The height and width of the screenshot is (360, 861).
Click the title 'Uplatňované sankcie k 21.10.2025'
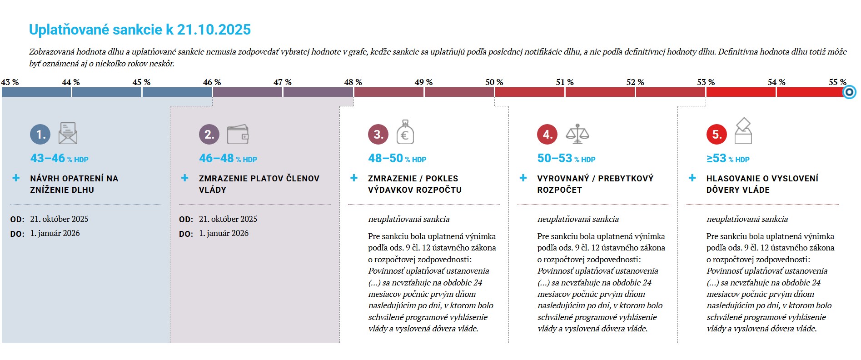click(140, 30)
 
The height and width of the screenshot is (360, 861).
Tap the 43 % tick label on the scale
click(10, 82)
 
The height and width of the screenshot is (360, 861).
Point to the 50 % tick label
click(494, 82)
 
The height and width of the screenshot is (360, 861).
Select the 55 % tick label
click(837, 82)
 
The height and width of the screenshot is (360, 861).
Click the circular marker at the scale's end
click(849, 92)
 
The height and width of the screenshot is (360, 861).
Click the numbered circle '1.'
click(40, 134)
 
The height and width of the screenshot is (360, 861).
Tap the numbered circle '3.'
click(378, 134)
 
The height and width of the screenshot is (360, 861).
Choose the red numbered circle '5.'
click(717, 134)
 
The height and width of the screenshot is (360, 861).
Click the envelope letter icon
click(68, 133)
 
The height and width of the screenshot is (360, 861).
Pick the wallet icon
click(238, 134)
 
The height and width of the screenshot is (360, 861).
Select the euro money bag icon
click(405, 132)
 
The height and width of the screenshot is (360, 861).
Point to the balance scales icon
click(577, 134)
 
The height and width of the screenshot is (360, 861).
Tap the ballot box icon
click(743, 131)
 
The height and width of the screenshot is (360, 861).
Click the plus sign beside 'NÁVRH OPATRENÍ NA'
click(16, 178)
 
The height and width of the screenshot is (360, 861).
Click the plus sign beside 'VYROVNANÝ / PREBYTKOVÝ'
click(523, 178)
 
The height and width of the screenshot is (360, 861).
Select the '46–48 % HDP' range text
click(228, 158)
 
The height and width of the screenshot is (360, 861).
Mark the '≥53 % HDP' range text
click(728, 158)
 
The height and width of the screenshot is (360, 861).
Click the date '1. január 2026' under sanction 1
click(55, 233)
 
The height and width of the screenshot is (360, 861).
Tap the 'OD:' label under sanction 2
click(186, 220)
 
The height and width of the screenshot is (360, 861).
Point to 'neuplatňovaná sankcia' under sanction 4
click(578, 219)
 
